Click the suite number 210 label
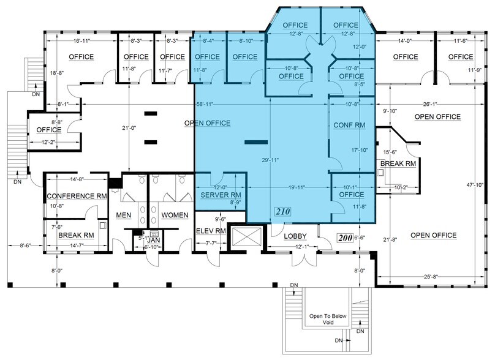282,212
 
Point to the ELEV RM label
211,231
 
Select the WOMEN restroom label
175,216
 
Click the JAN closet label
155,241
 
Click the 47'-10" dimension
479,186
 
